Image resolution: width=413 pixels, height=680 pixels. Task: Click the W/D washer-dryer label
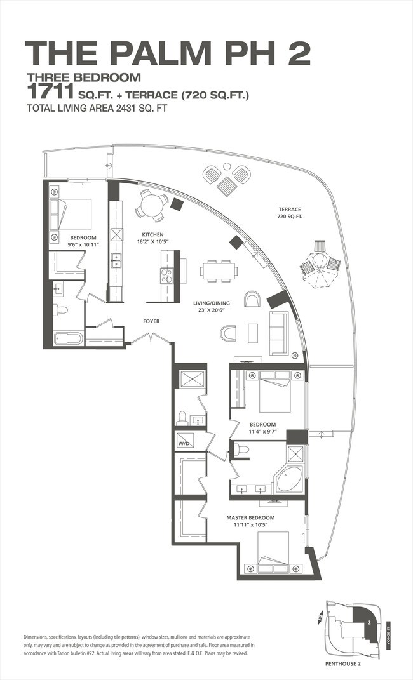click(x=182, y=444)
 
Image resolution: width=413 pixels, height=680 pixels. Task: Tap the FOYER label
click(x=151, y=321)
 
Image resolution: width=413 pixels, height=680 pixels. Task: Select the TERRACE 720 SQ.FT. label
click(x=290, y=213)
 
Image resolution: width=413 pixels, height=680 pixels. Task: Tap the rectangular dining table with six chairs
click(x=219, y=271)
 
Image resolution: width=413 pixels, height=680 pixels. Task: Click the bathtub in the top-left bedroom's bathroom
click(x=68, y=338)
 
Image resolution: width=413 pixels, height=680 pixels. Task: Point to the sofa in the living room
click(x=278, y=333)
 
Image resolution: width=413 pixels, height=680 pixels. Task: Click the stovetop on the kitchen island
click(x=166, y=276)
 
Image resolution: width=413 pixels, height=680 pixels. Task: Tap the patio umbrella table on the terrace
click(x=320, y=263)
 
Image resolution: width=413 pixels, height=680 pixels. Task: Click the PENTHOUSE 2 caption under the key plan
click(x=342, y=663)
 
